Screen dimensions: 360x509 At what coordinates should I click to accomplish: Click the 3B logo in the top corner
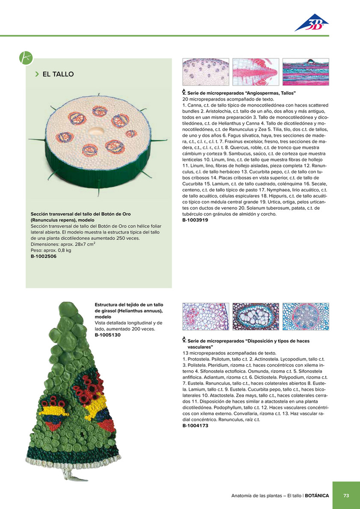pyautogui.click(x=311, y=23)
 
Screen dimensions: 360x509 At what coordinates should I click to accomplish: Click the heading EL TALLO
pyautogui.click(x=58, y=74)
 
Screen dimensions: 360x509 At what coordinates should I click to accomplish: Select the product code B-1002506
pyautogui.click(x=44, y=256)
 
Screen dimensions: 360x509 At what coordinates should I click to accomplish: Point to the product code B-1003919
pyautogui.click(x=195, y=220)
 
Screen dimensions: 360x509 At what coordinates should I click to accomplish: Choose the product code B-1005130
pyautogui.click(x=108, y=335)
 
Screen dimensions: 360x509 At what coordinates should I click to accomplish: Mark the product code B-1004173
pyautogui.click(x=195, y=426)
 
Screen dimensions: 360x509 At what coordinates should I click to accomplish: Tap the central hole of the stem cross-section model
pyautogui.click(x=96, y=131)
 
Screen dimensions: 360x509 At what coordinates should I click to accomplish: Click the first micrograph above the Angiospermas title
pyautogui.click(x=206, y=72)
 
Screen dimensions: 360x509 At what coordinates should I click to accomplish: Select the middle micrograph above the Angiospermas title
pyautogui.click(x=256, y=72)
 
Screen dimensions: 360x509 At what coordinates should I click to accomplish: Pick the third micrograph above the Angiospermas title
pyautogui.click(x=306, y=72)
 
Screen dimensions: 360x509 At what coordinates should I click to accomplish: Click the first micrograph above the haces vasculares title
pyautogui.click(x=206, y=316)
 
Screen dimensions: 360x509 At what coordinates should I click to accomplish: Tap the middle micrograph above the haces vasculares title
pyautogui.click(x=256, y=316)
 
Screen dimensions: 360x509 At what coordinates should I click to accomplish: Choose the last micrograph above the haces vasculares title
pyautogui.click(x=306, y=316)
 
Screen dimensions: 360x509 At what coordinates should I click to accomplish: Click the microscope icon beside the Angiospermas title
pyautogui.click(x=184, y=92)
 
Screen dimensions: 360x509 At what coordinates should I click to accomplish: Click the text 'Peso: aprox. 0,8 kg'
pyautogui.click(x=51, y=250)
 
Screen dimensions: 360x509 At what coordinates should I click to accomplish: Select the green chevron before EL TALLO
pyautogui.click(x=37, y=74)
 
